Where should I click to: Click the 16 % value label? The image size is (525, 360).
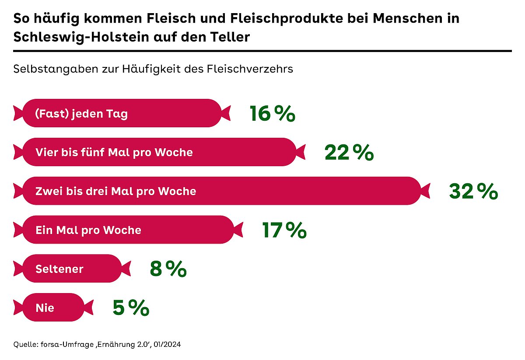(x=272, y=114)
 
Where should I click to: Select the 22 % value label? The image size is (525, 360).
(x=349, y=153)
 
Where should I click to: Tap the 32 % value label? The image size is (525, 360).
(x=473, y=191)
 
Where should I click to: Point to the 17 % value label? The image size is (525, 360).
(x=284, y=230)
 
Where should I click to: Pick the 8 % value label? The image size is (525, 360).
(x=168, y=269)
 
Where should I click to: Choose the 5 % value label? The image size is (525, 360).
(x=131, y=308)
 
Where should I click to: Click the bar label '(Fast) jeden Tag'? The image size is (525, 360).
(x=81, y=114)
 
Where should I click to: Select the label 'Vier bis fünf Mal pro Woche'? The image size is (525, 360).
(x=114, y=153)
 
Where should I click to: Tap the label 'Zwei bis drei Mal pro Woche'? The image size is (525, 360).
(x=115, y=191)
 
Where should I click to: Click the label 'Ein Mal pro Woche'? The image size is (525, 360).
(x=88, y=230)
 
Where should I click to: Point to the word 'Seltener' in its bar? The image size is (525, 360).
(x=59, y=269)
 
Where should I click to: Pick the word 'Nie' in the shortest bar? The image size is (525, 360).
(x=45, y=308)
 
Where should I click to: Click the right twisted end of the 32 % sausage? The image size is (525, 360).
(x=425, y=191)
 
